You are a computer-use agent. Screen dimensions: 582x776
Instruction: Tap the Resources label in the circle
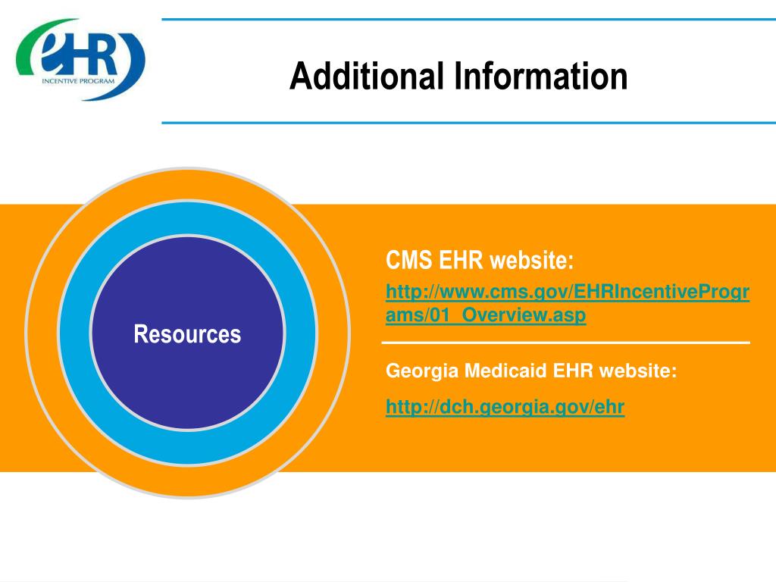pyautogui.click(x=187, y=334)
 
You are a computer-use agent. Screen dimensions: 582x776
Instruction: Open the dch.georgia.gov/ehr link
pyautogui.click(x=505, y=408)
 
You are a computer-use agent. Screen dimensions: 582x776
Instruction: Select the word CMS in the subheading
pyautogui.click(x=408, y=261)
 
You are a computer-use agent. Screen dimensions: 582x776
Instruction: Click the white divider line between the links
pyautogui.click(x=565, y=344)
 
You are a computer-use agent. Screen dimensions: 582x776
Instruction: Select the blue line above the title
pyautogui.click(x=468, y=20)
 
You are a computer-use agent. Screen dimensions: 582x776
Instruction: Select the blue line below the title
pyautogui.click(x=468, y=122)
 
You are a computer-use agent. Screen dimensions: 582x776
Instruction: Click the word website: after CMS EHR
pyautogui.click(x=531, y=261)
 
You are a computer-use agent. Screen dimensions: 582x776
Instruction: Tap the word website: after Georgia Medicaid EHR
pyautogui.click(x=638, y=371)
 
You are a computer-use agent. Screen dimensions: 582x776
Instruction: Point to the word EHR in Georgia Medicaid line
pyautogui.click(x=574, y=371)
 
